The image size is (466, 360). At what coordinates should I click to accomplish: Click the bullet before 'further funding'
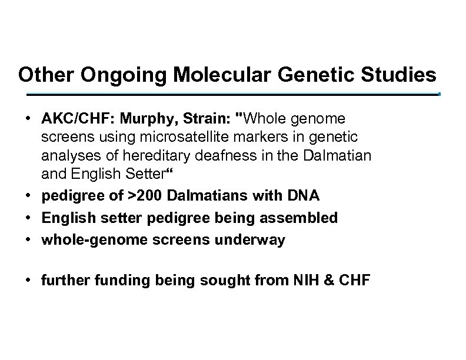coord(29,281)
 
